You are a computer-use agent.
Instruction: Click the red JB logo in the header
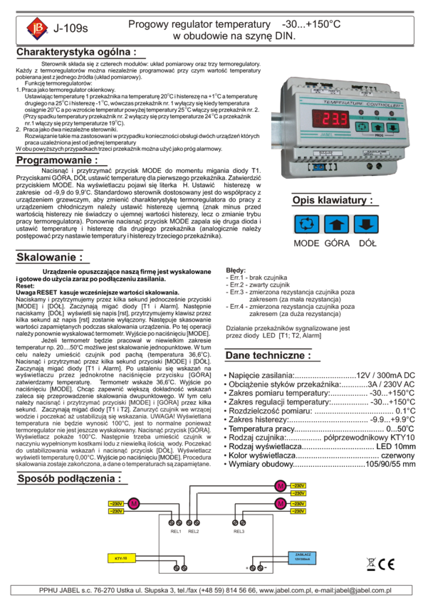(36, 28)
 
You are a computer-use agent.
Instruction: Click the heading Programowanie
(56, 159)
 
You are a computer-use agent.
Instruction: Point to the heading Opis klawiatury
(331, 200)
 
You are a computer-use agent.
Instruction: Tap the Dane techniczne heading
(268, 354)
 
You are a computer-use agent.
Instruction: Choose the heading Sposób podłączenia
(68, 478)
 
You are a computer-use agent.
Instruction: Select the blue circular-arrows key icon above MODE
(308, 224)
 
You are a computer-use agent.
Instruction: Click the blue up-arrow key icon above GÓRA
(336, 224)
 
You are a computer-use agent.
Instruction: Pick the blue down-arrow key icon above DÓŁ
(365, 224)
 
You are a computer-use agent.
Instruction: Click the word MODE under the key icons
(307, 243)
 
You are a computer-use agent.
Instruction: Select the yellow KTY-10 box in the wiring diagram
(120, 557)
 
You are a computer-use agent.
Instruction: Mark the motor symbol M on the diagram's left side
(133, 504)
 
